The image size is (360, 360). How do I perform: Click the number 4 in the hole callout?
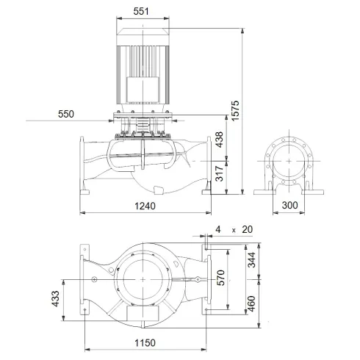coord(217,229)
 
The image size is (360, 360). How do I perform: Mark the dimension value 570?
coord(220,278)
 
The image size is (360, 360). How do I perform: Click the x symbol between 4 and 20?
coord(233,230)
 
